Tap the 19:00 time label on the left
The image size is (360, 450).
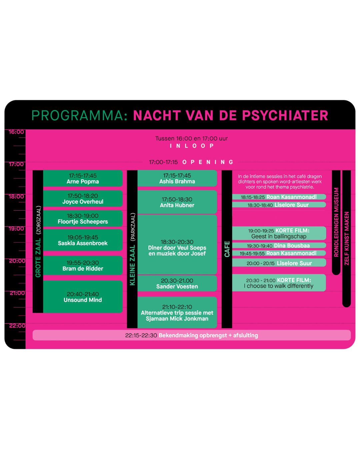click(x=16, y=229)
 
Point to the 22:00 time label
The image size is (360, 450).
click(x=17, y=326)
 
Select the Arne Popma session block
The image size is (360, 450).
click(x=83, y=178)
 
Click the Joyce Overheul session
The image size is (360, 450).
click(x=83, y=198)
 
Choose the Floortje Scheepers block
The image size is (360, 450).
click(x=83, y=218)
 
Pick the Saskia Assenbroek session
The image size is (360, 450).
click(x=83, y=240)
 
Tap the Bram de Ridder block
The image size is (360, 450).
click(x=83, y=265)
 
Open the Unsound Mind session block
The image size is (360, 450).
click(x=83, y=297)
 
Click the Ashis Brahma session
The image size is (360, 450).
click(x=177, y=178)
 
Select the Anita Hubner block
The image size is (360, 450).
click(x=177, y=202)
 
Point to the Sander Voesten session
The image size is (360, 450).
click(x=177, y=283)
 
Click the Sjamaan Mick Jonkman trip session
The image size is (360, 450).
click(x=177, y=312)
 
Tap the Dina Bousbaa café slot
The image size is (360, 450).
click(x=279, y=245)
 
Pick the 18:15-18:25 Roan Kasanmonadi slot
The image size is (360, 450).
click(x=279, y=197)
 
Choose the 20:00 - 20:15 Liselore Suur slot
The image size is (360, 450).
click(x=279, y=263)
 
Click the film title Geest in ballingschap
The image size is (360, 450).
click(x=279, y=236)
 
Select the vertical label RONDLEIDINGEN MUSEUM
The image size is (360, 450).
click(x=336, y=222)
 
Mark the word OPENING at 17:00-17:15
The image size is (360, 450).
click(x=208, y=162)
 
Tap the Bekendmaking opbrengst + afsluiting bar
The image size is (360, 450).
click(x=192, y=335)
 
